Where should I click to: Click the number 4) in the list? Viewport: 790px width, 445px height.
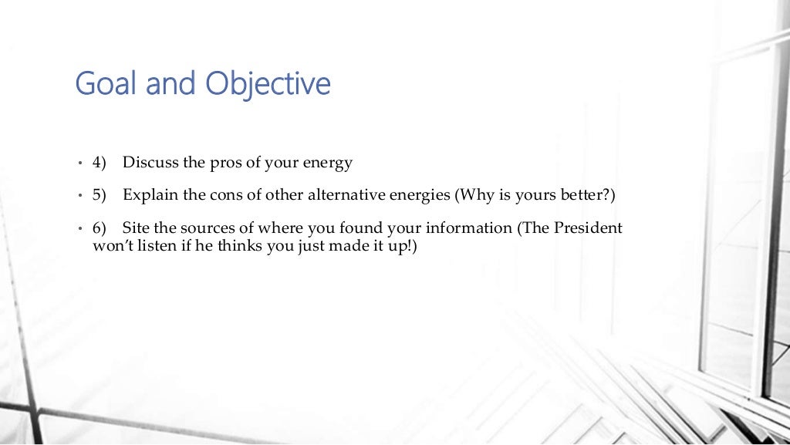[99, 164]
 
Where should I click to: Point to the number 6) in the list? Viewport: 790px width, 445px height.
[99, 228]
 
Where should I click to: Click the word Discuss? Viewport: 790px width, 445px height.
[150, 163]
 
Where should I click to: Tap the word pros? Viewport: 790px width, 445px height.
[225, 164]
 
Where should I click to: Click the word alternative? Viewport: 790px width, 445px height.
[340, 195]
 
